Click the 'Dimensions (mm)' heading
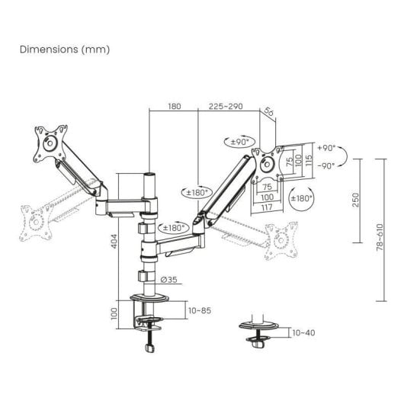(65, 50)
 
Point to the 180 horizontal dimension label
(175, 106)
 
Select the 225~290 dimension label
(226, 106)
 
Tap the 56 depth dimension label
(269, 111)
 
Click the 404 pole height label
(114, 241)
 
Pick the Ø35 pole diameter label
(168, 280)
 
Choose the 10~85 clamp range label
(200, 310)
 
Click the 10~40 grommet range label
(303, 332)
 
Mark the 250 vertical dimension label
(355, 200)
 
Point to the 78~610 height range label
(380, 237)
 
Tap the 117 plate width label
(267, 207)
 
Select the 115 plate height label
(309, 160)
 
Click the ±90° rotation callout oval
(239, 142)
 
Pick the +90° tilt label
(326, 148)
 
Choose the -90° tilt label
(326, 165)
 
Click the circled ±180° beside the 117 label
(301, 198)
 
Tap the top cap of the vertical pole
(149, 175)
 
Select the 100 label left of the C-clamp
(114, 314)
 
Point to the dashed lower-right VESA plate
(281, 241)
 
